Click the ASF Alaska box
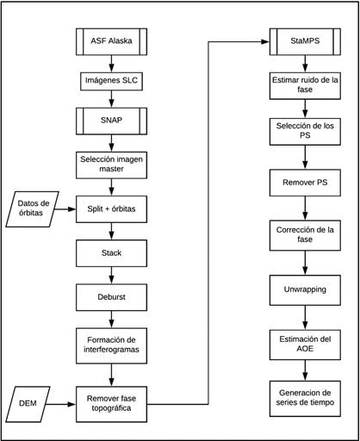click(111, 41)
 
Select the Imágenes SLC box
click(111, 81)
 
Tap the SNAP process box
click(111, 121)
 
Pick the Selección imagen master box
click(111, 165)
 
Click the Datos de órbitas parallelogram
click(33, 209)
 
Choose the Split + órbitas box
click(111, 209)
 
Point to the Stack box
click(111, 253)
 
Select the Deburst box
click(111, 297)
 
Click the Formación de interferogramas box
click(111, 345)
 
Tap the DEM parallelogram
click(28, 404)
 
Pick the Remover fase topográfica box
click(111, 404)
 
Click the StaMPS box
click(305, 41)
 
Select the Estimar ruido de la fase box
click(305, 85)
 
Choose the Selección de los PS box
click(305, 132)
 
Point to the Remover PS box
click(305, 183)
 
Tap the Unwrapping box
click(305, 290)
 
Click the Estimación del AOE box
click(305, 345)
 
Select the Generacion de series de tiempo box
click(305, 399)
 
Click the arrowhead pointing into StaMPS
click(265, 42)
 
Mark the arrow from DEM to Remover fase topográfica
click(60, 404)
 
